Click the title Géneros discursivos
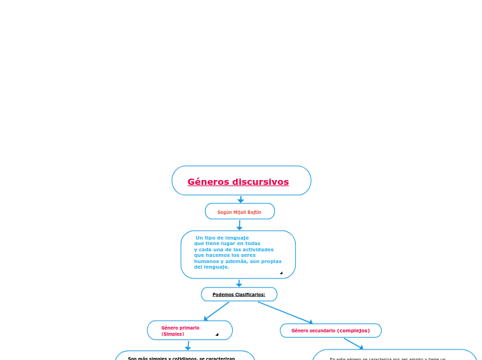238,182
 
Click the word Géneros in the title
208,182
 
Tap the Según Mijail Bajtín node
240,212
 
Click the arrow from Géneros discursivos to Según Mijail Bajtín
240,199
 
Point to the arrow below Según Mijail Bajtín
240,225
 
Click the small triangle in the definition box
281,273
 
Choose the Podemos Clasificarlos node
239,294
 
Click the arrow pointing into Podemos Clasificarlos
239,282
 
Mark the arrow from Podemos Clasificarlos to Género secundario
285,312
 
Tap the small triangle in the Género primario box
217,334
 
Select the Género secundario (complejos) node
330,331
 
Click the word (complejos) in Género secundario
353,331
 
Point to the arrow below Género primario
188,345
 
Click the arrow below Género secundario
353,343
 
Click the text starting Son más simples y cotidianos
181,358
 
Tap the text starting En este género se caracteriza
388,359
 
